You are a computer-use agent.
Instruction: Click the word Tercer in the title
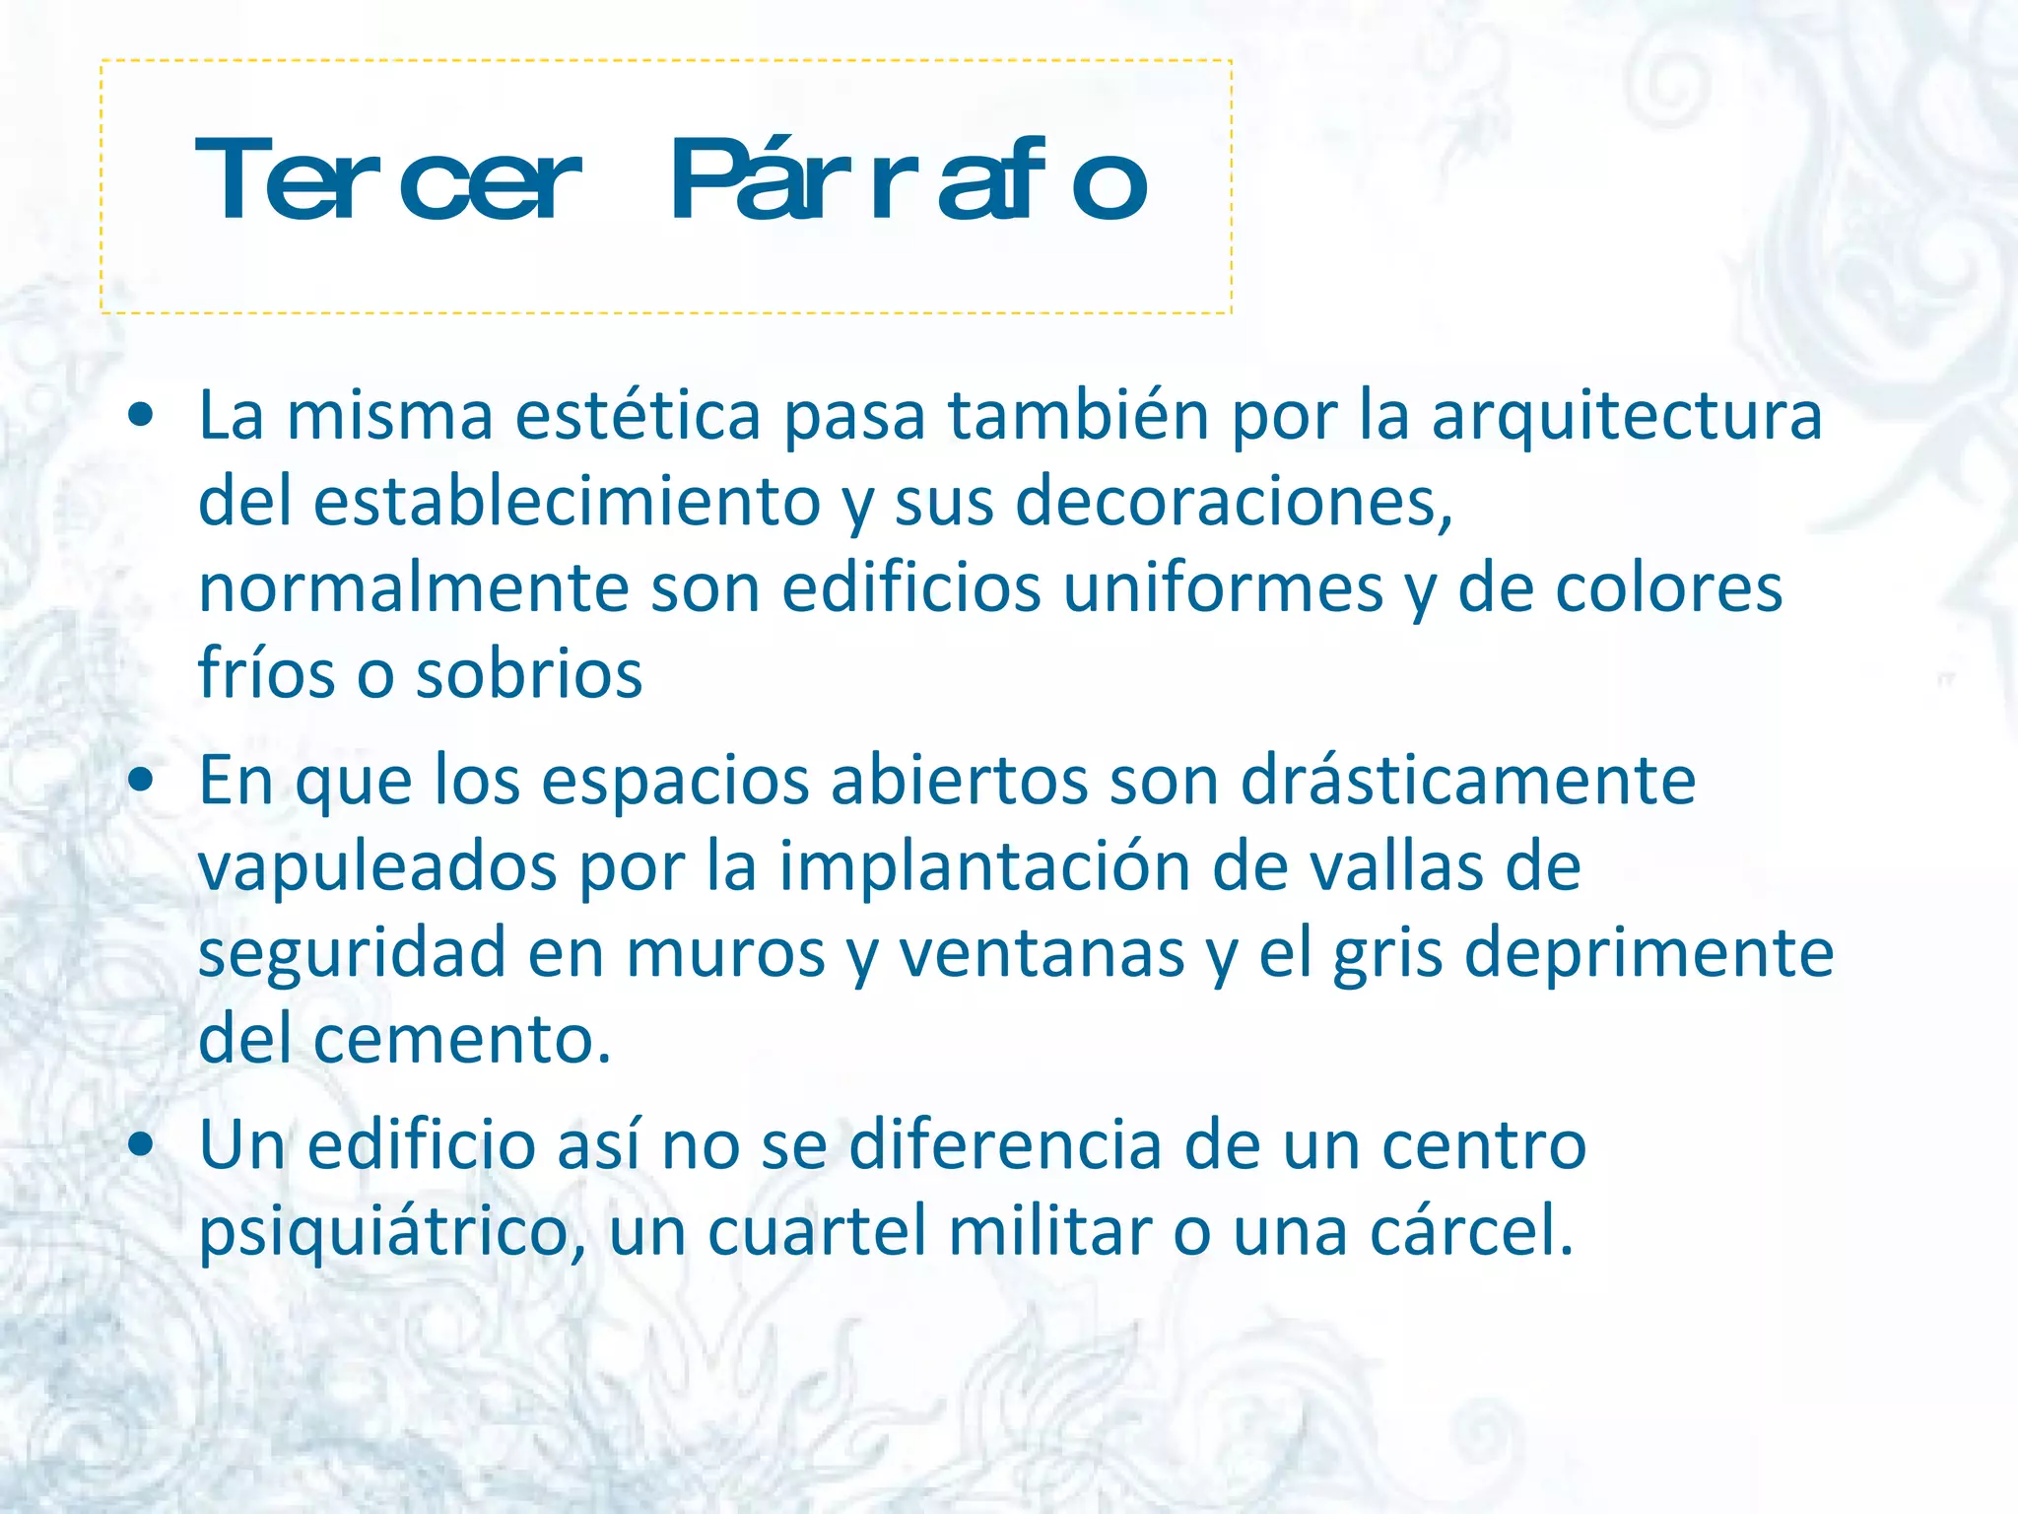click(387, 180)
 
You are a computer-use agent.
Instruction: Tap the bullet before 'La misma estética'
click(141, 415)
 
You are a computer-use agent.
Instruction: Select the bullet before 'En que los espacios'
click(141, 780)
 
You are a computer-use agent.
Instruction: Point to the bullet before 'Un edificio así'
click(141, 1144)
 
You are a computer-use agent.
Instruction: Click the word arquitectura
click(1626, 416)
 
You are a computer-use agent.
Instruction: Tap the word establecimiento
click(567, 501)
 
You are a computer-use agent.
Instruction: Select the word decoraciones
click(1232, 501)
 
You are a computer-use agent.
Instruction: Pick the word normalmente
click(414, 588)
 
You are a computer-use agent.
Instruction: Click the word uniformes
click(1223, 588)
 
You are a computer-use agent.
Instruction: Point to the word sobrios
click(529, 674)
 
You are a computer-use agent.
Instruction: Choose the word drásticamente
click(1467, 781)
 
